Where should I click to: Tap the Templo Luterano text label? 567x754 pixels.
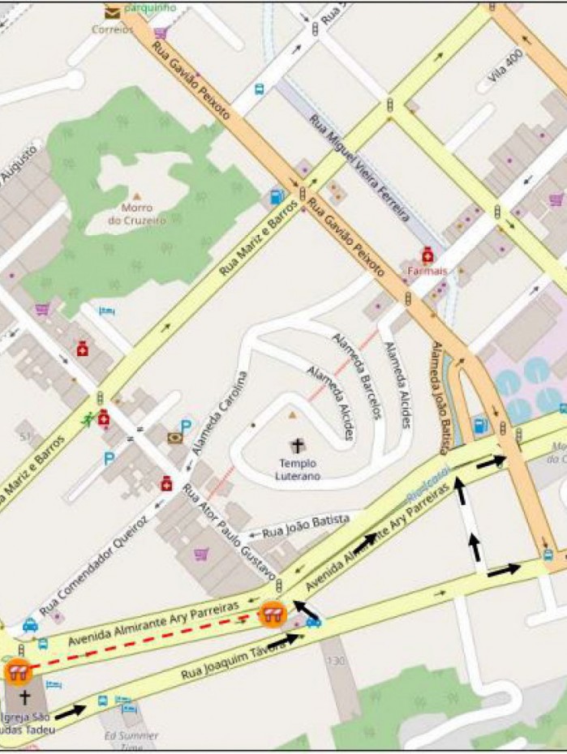pyautogui.click(x=294, y=469)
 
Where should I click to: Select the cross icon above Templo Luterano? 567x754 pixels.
pyautogui.click(x=298, y=445)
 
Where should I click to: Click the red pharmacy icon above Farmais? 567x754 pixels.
pyautogui.click(x=427, y=255)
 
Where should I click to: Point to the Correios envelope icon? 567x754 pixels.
pyautogui.click(x=112, y=11)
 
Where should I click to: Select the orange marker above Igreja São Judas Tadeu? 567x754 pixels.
pyautogui.click(x=16, y=671)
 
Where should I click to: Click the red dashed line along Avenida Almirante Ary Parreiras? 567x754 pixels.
pyautogui.click(x=146, y=640)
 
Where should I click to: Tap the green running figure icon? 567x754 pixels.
pyautogui.click(x=87, y=419)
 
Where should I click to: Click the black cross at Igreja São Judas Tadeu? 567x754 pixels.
pyautogui.click(x=24, y=697)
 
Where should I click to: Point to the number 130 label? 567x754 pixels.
pyautogui.click(x=336, y=662)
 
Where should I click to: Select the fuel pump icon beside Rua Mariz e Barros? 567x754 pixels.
pyautogui.click(x=277, y=196)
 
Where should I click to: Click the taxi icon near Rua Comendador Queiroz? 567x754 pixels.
pyautogui.click(x=30, y=625)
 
